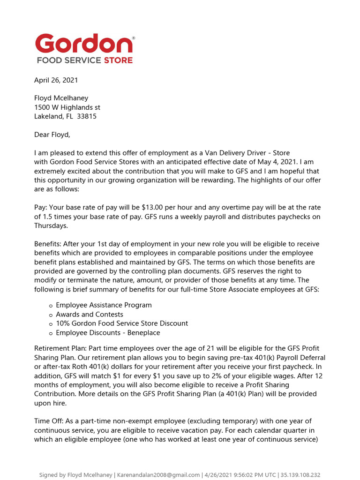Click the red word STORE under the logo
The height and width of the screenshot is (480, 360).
click(x=118, y=60)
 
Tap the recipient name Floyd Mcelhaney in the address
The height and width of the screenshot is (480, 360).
click(x=61, y=98)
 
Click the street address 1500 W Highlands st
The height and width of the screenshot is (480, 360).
click(x=67, y=107)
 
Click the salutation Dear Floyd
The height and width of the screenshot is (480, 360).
click(x=52, y=135)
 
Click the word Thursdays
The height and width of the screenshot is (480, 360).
click(x=51, y=225)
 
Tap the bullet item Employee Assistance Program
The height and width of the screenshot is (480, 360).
click(x=104, y=305)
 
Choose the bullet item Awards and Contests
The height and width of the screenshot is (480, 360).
click(x=90, y=314)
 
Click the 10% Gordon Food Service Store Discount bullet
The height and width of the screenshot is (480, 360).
click(x=122, y=323)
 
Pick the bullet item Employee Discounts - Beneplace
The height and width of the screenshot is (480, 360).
click(x=108, y=332)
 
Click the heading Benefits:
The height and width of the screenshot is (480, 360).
click(x=47, y=244)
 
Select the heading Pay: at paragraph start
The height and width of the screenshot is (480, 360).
click(x=41, y=208)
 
